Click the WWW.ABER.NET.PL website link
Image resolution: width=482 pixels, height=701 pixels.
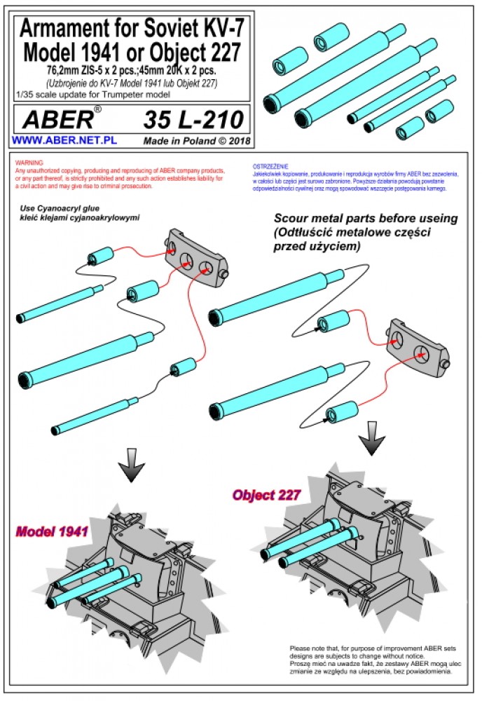pyautogui.click(x=64, y=139)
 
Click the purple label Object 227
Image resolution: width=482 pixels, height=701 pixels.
pyautogui.click(x=267, y=494)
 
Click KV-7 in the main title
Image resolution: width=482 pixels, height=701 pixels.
pyautogui.click(x=219, y=29)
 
